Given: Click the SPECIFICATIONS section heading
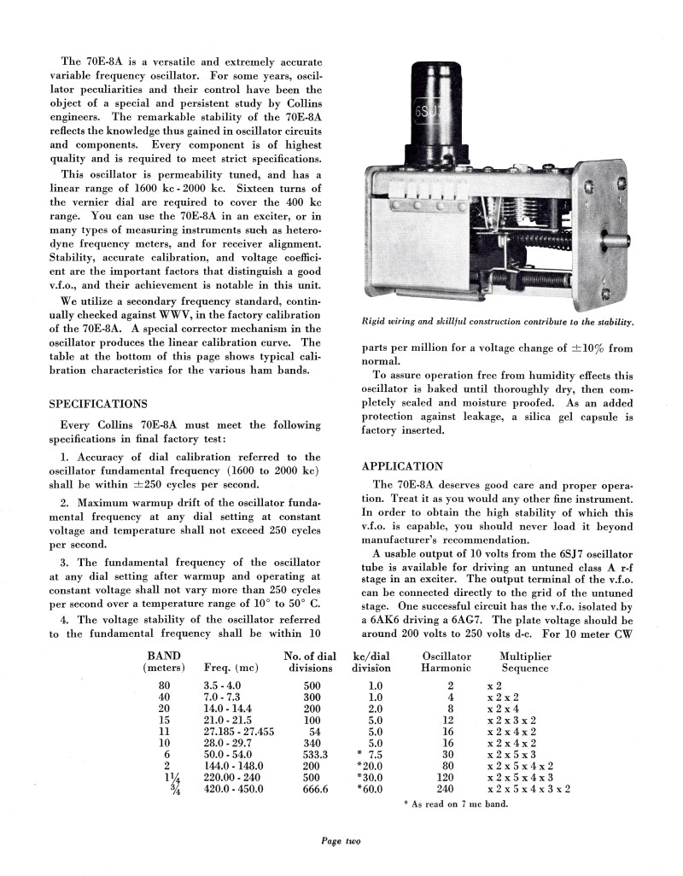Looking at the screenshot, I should (x=98, y=404).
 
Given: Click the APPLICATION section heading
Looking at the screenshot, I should (x=402, y=466).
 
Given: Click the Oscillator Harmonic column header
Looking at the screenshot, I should (x=446, y=662).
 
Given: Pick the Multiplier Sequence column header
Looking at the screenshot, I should (x=525, y=662).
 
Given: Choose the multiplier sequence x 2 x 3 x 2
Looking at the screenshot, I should (x=511, y=720).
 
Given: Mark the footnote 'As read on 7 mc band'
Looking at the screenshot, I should (x=456, y=805).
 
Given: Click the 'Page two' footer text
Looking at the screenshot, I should (x=341, y=840).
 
